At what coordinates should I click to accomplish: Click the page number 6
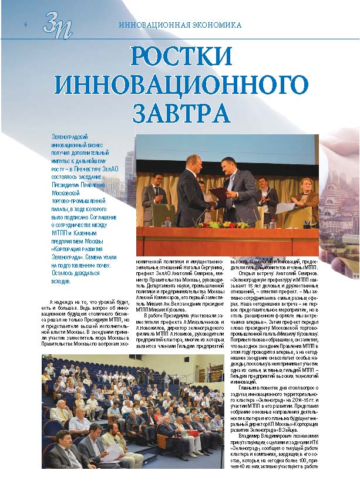(x=26, y=25)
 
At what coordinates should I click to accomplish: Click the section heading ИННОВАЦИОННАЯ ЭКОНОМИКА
(x=180, y=26)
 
